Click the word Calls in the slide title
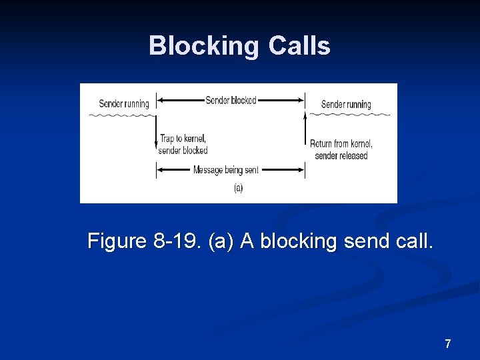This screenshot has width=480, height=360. click(x=299, y=46)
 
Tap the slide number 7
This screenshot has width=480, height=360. click(x=447, y=344)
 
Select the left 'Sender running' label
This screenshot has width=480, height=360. click(x=124, y=103)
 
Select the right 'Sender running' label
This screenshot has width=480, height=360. click(x=346, y=104)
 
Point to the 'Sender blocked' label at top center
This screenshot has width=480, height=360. click(x=231, y=101)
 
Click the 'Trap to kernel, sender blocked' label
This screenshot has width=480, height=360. click(x=183, y=144)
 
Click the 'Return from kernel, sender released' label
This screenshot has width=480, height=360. click(x=341, y=149)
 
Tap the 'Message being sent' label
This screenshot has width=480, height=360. click(x=225, y=170)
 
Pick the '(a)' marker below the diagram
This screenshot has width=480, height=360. click(x=238, y=188)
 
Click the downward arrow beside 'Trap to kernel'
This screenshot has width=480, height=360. click(x=155, y=133)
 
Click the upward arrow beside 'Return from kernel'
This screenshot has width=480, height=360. click(x=305, y=133)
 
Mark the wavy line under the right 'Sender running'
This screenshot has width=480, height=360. click(x=348, y=115)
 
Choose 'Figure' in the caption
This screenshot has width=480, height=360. click(x=117, y=241)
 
